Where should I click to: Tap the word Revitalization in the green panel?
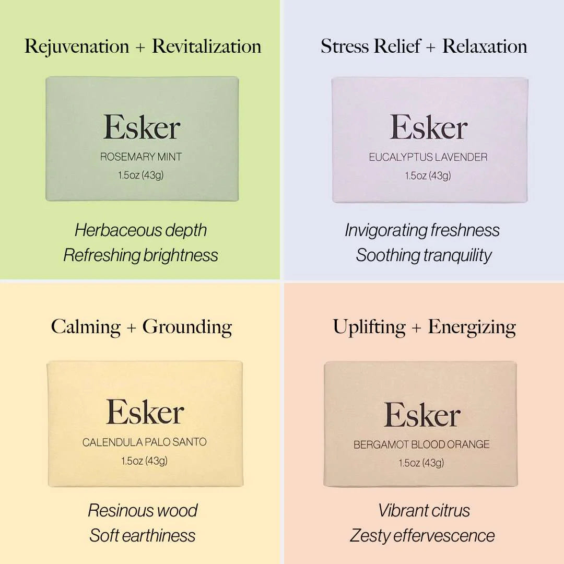point(207,46)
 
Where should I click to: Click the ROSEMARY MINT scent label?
point(141,157)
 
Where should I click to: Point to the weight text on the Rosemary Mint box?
point(140,175)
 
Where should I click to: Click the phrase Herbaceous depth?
point(140,231)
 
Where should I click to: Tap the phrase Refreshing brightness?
point(140,255)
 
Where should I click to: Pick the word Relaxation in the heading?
point(485,46)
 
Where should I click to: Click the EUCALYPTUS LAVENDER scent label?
point(428,157)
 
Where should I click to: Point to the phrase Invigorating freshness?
point(422,231)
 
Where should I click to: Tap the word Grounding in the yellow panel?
point(187,327)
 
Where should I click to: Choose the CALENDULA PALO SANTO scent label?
point(144,442)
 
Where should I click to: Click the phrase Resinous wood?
point(143,511)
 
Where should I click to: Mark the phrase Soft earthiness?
point(143,536)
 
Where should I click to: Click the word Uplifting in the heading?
point(369,327)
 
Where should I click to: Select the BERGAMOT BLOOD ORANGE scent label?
point(421,444)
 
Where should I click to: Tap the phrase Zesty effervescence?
point(422,536)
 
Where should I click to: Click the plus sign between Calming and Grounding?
point(132,328)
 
